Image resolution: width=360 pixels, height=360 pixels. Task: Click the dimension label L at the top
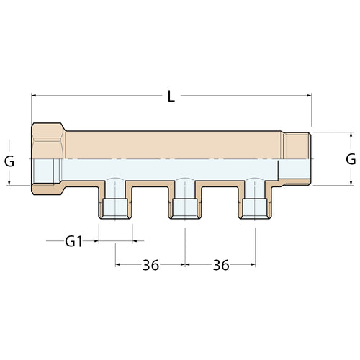point(171,96)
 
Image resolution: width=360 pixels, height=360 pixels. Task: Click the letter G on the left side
point(9,161)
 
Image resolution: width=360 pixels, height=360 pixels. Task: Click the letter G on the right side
point(350,159)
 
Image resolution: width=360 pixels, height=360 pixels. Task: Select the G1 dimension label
point(74,241)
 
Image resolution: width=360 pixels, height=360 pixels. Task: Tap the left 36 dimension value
point(150,265)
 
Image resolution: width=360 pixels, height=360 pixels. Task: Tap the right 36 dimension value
point(220,265)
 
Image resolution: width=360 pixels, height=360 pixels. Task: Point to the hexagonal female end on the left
point(49,158)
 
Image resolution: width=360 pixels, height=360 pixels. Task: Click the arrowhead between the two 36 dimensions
point(186,265)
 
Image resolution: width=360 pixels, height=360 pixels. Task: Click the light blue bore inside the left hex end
point(49,171)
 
